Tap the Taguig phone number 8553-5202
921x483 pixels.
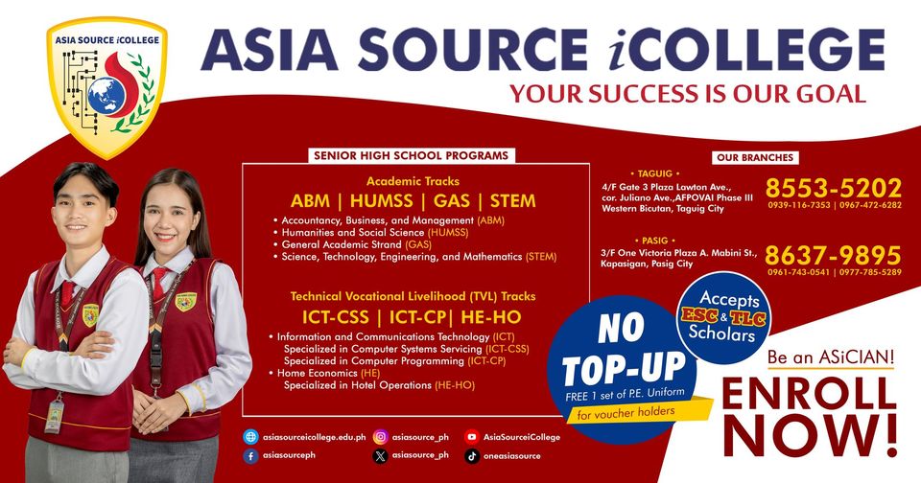coord(834,188)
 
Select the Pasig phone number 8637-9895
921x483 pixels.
coord(833,255)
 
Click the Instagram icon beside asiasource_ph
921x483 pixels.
coord(381,437)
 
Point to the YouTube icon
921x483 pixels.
coord(472,437)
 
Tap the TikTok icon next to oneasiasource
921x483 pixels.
coord(472,456)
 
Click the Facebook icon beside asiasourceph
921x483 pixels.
coord(250,456)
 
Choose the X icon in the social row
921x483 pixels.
coord(381,456)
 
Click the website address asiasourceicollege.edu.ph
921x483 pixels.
coord(315,437)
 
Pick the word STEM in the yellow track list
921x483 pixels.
coord(512,201)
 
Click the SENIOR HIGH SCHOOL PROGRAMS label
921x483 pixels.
coord(412,155)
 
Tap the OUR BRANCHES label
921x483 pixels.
coord(755,157)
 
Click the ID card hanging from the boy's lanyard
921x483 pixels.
coord(55,416)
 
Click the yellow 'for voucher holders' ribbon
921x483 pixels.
coord(638,411)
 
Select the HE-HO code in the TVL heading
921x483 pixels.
coord(491,317)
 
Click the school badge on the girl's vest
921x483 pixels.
coord(185,302)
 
